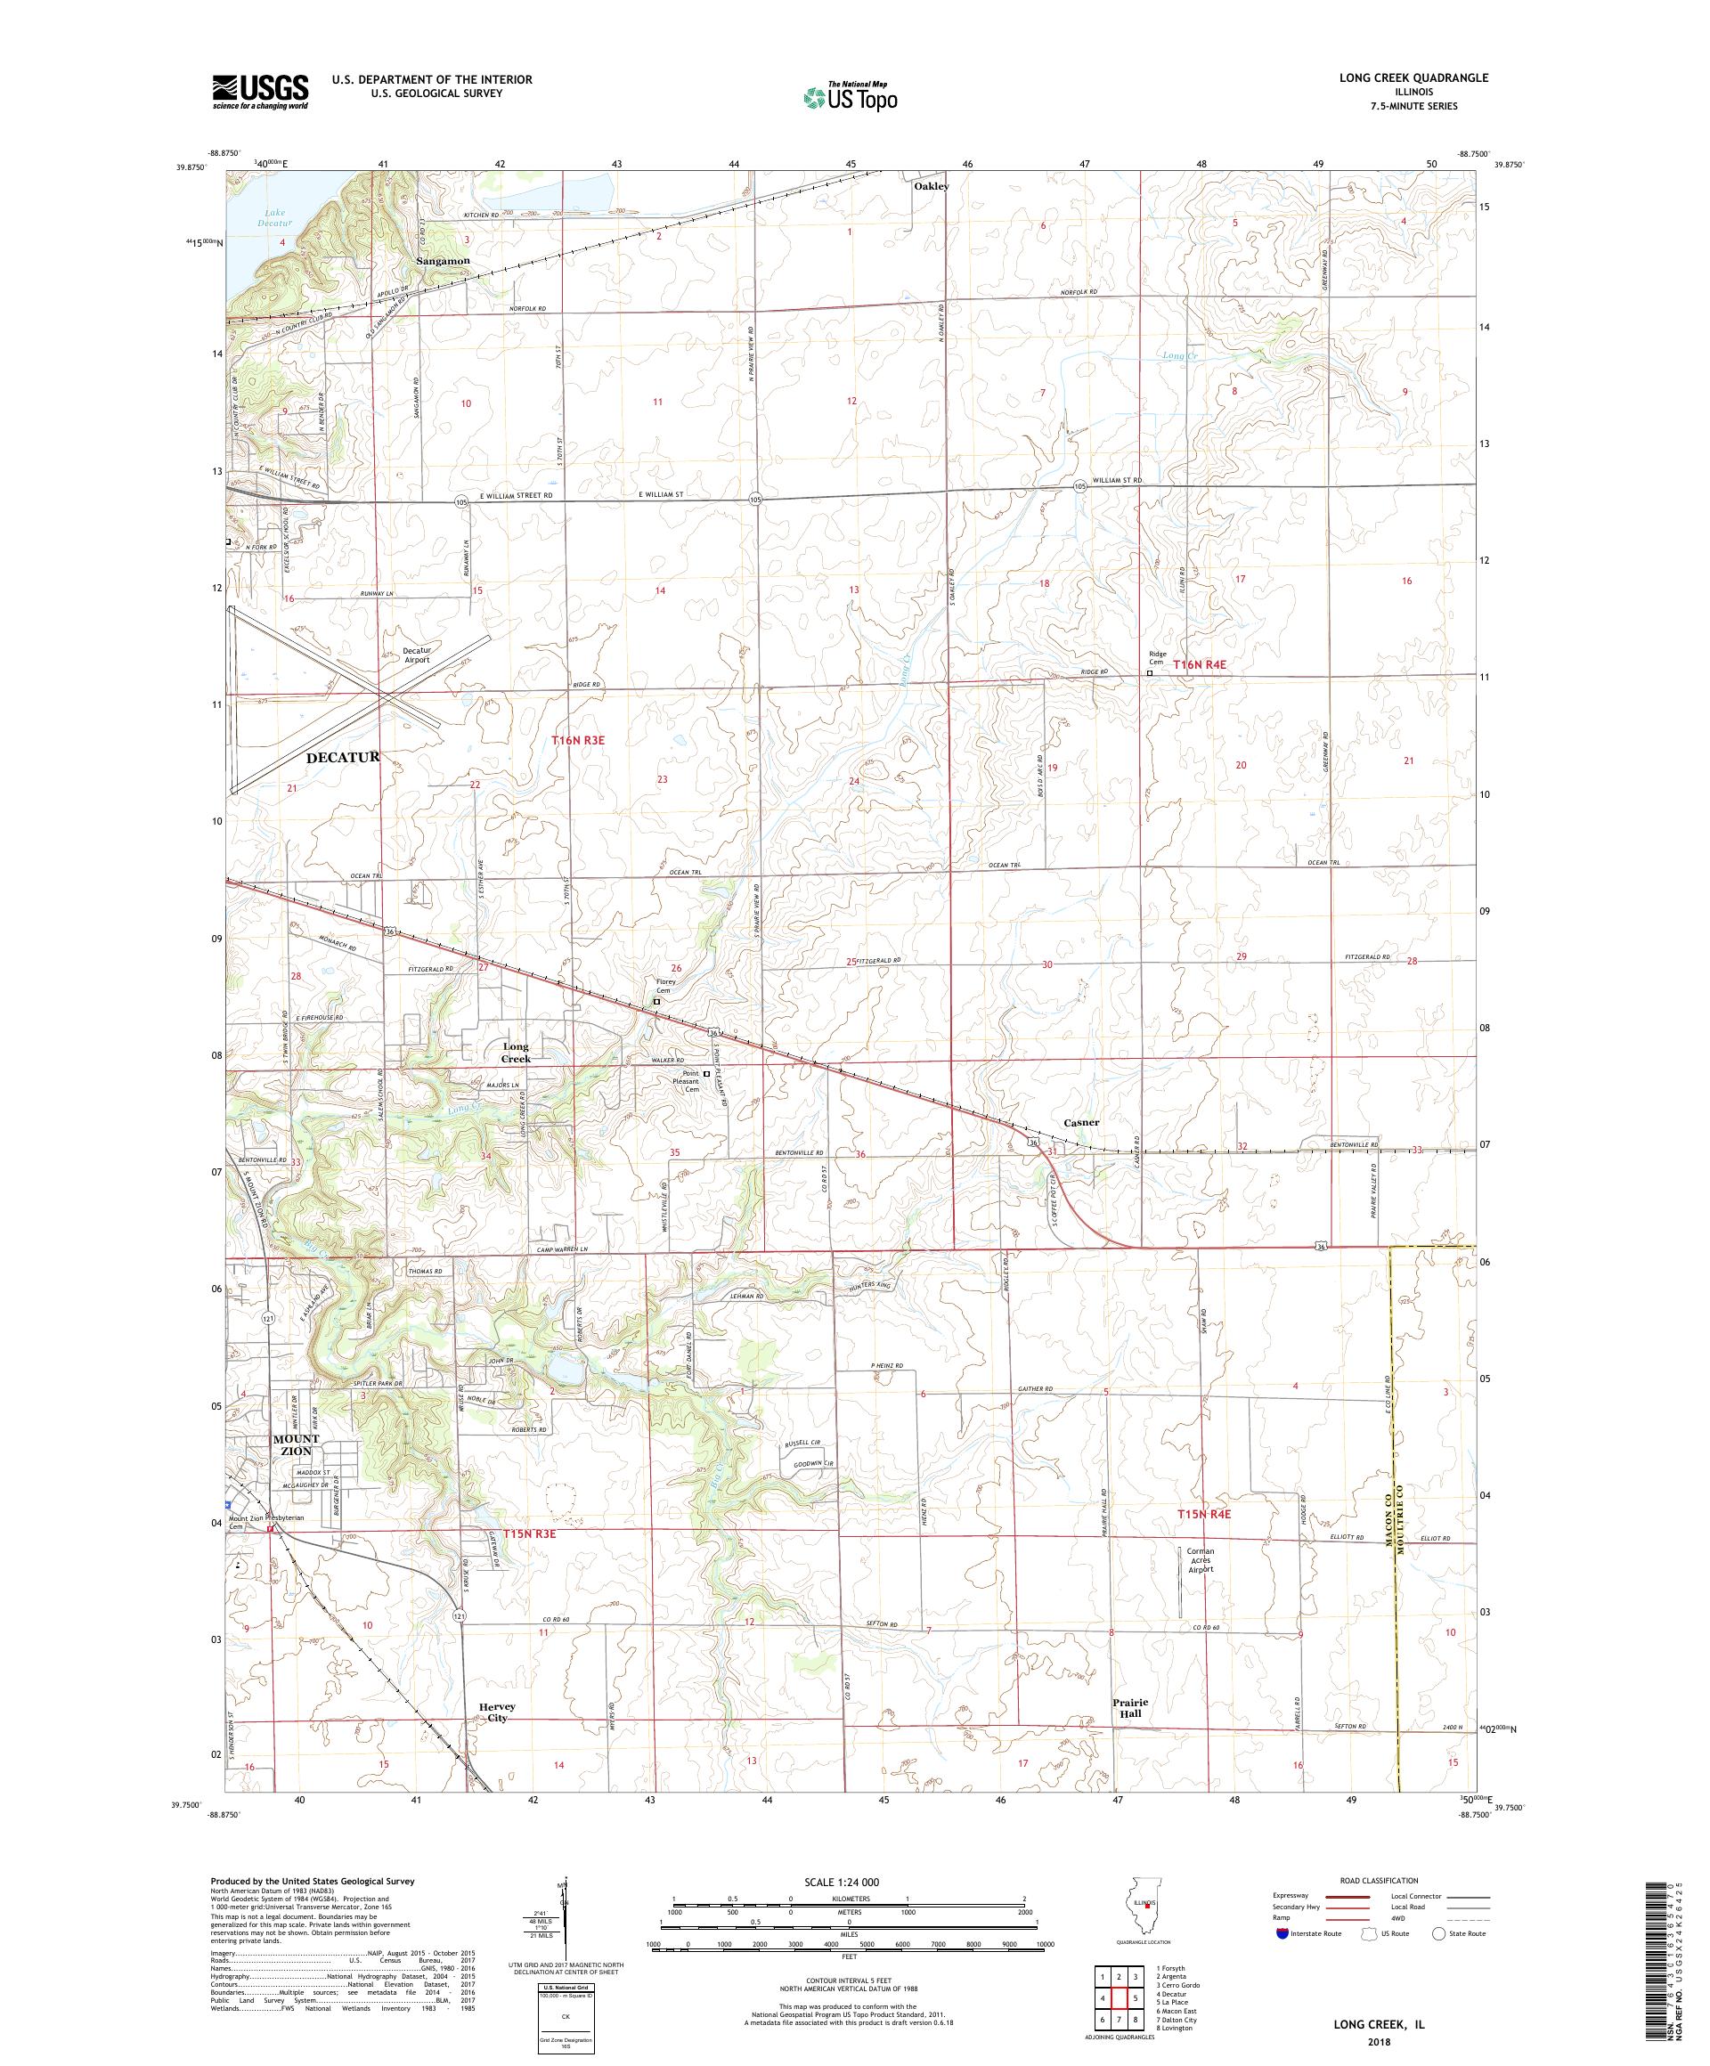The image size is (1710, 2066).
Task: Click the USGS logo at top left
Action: pyautogui.click(x=260, y=93)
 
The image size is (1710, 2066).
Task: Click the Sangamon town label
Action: pyautogui.click(x=442, y=261)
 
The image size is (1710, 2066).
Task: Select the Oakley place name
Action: pyautogui.click(x=930, y=186)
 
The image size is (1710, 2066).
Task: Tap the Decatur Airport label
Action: pyautogui.click(x=416, y=655)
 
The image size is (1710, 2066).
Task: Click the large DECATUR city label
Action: pyautogui.click(x=342, y=757)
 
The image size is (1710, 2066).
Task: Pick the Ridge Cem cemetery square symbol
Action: pyautogui.click(x=1149, y=674)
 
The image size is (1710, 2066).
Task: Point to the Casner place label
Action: pyautogui.click(x=1080, y=1121)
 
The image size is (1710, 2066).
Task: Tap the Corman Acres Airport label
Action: pyautogui.click(x=1201, y=1560)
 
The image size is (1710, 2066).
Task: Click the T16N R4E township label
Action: pyautogui.click(x=1199, y=664)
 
